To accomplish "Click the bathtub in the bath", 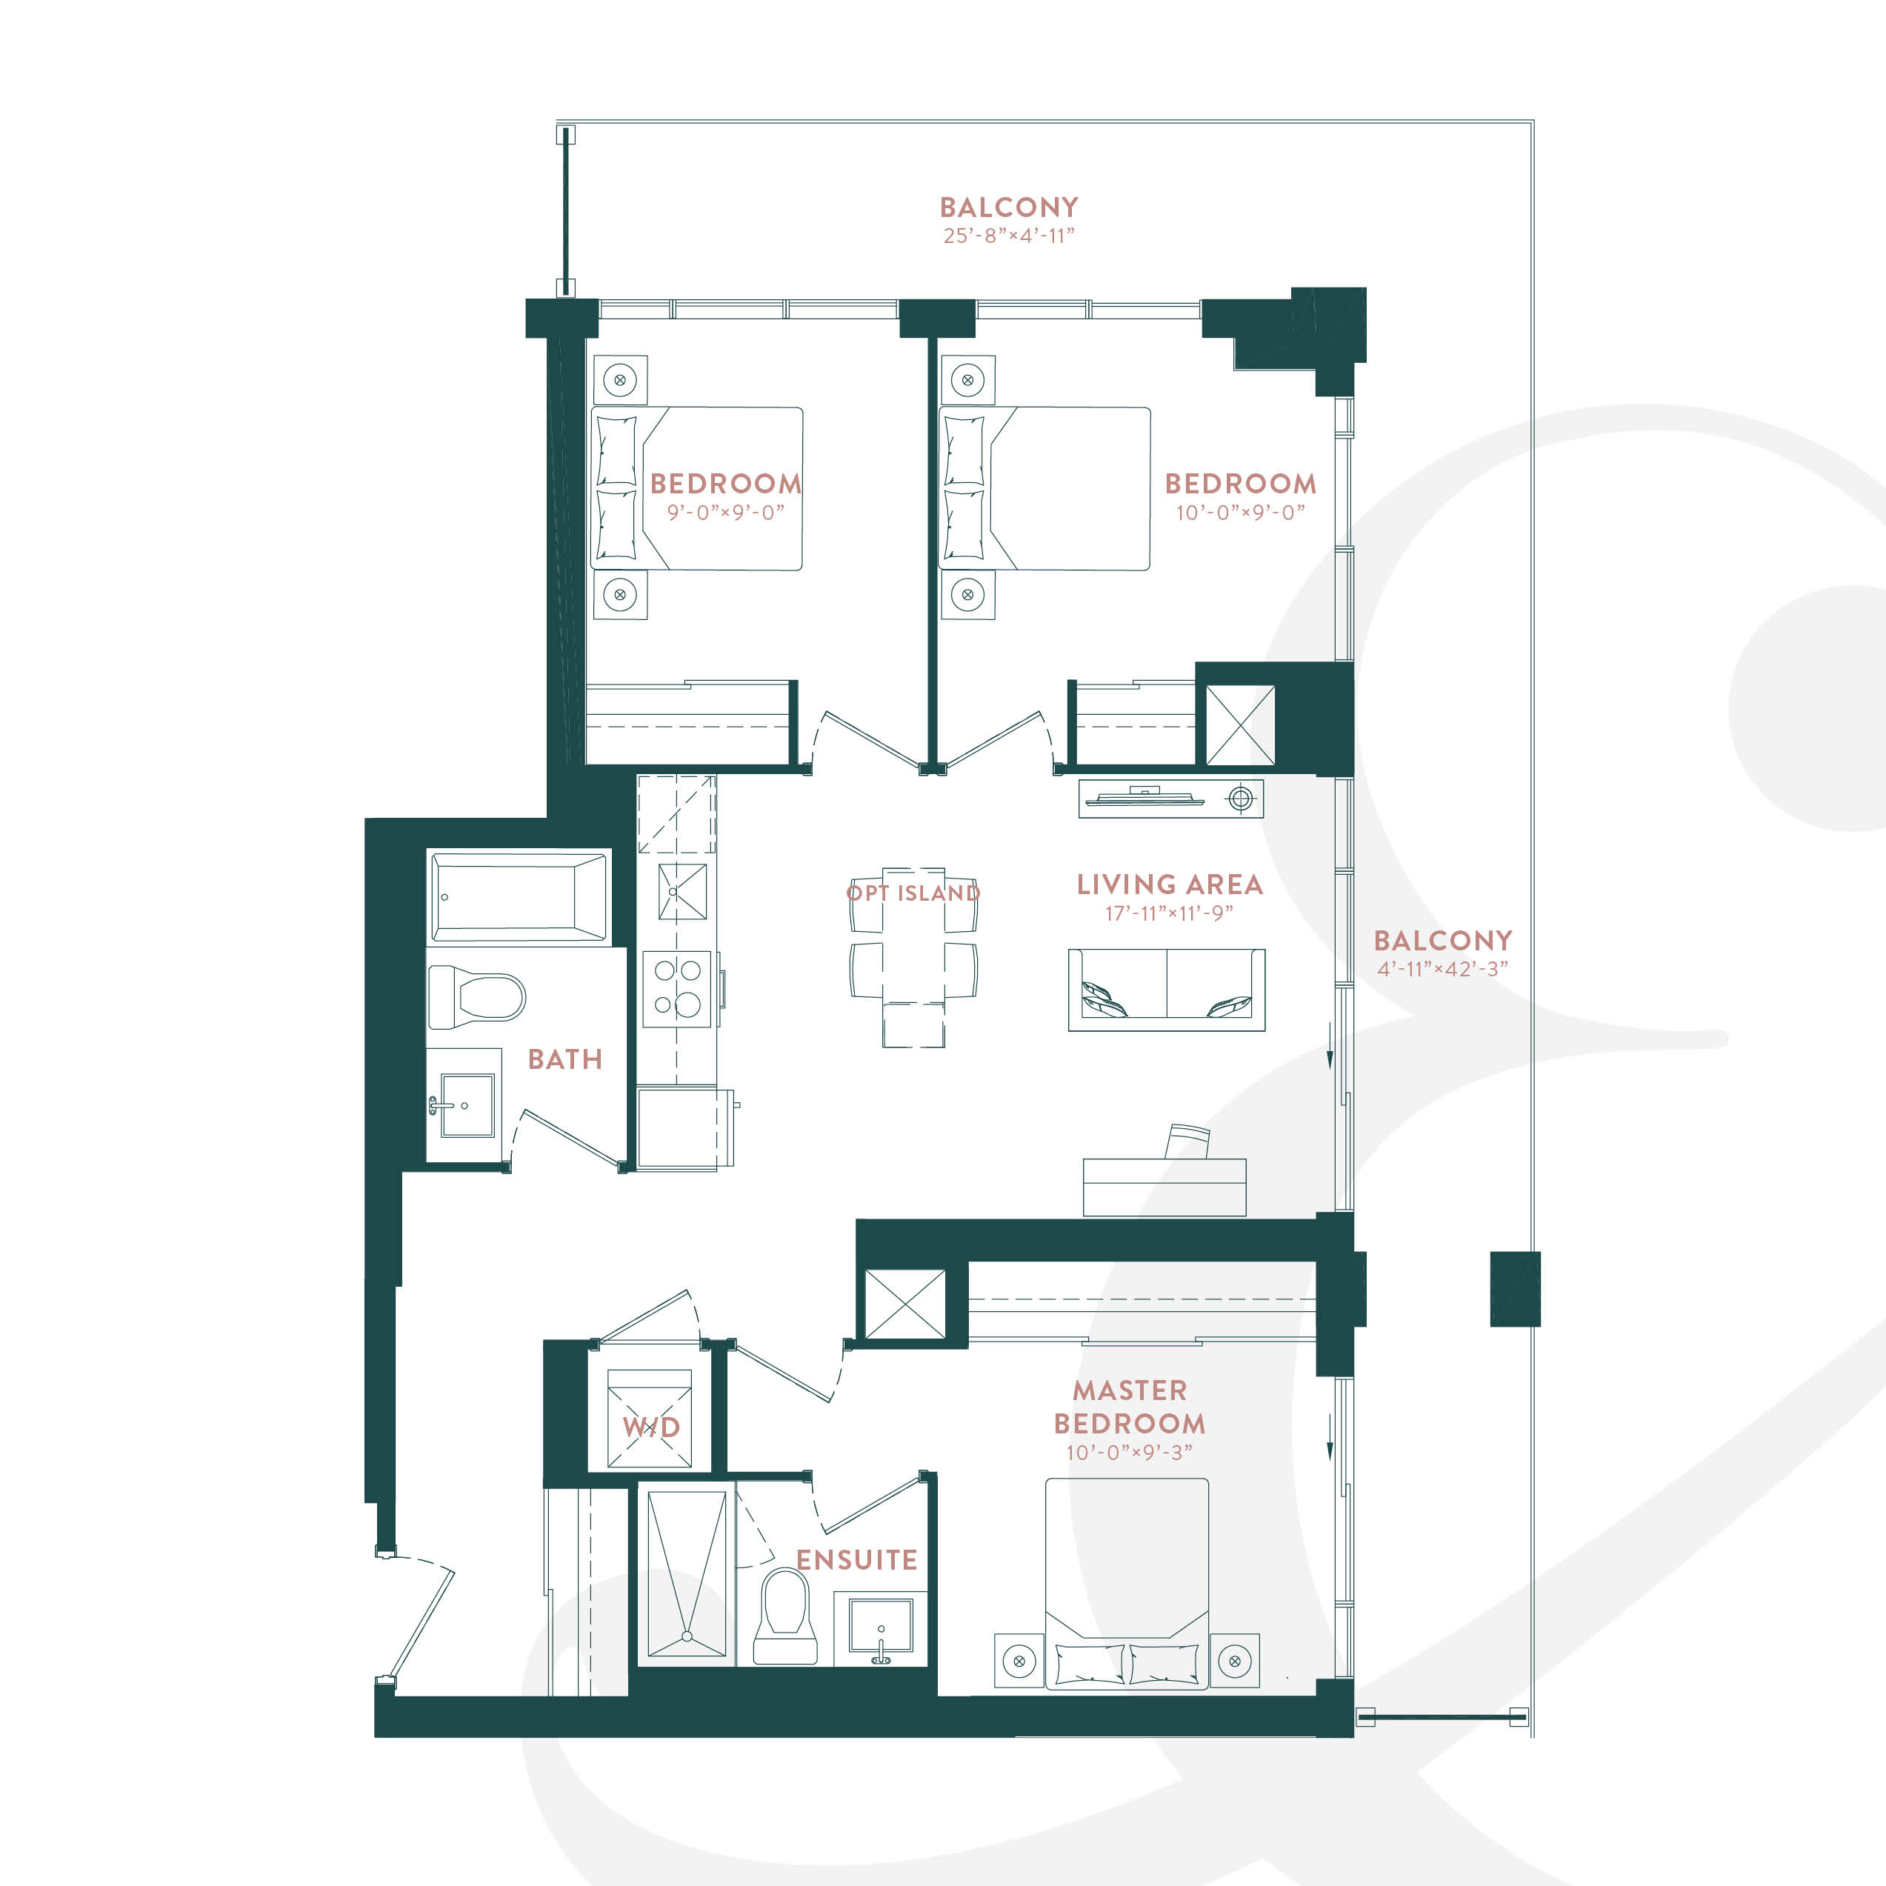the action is (519, 897).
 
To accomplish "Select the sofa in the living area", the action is (1167, 989).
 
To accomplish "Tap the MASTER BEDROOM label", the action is (1130, 1407).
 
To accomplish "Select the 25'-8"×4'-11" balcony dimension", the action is (1008, 236).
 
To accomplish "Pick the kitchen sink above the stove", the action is (682, 892).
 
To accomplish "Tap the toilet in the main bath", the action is (476, 996).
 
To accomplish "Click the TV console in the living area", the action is (1171, 799).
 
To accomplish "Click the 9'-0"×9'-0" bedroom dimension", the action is (725, 513).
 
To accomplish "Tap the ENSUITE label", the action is (857, 1560).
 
